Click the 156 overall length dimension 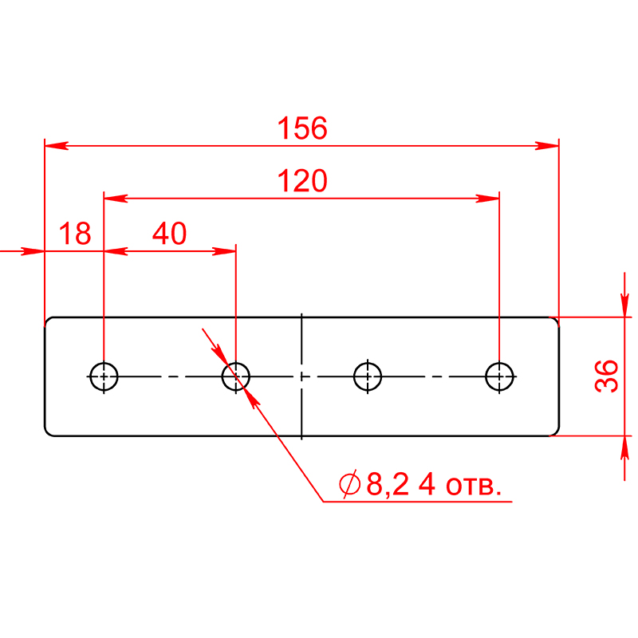click(x=302, y=128)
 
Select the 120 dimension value click(x=302, y=181)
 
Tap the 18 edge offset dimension click(x=75, y=234)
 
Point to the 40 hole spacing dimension click(x=169, y=234)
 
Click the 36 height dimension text click(x=606, y=376)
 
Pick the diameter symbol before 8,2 click(x=349, y=484)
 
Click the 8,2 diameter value click(x=388, y=484)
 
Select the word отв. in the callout click(x=474, y=486)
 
